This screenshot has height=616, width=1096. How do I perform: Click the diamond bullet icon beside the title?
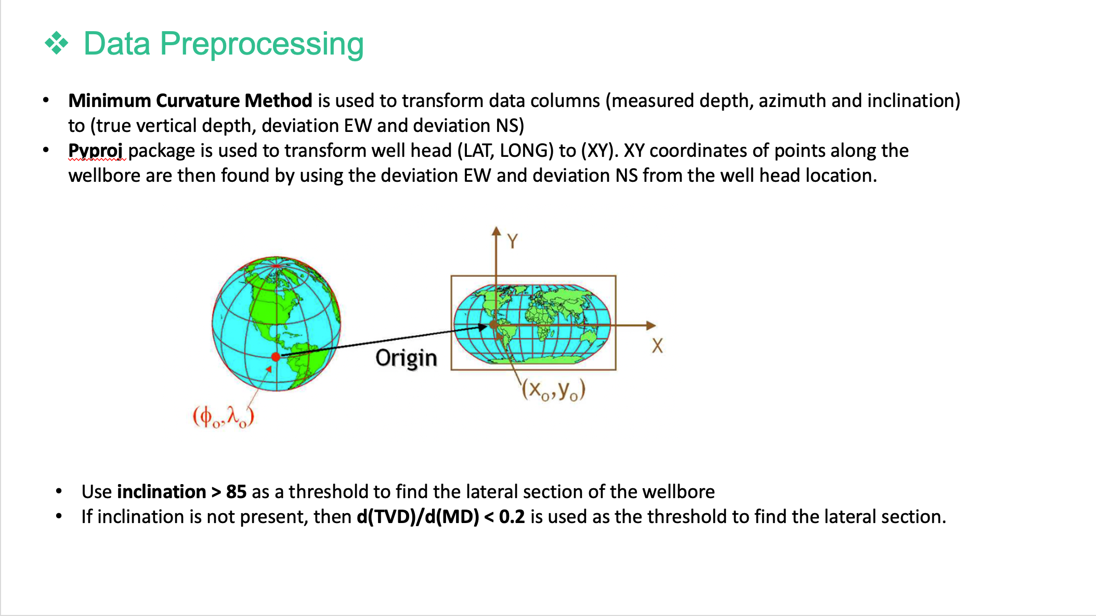click(57, 43)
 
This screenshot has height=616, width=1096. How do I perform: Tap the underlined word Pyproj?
click(96, 151)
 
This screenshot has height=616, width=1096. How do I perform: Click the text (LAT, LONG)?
click(505, 151)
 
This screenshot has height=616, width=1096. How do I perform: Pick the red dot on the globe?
click(276, 357)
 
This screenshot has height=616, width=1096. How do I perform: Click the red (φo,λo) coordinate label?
click(224, 417)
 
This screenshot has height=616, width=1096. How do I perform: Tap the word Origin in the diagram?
click(406, 358)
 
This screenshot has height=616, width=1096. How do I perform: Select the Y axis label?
click(513, 241)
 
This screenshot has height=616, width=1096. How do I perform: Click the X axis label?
click(657, 346)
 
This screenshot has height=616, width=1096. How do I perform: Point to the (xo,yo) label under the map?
click(554, 390)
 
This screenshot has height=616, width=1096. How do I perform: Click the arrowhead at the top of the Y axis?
click(497, 231)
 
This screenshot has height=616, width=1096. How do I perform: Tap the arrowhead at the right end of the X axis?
click(651, 326)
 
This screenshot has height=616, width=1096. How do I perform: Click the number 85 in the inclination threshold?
click(236, 492)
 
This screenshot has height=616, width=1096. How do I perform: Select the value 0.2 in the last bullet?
click(512, 517)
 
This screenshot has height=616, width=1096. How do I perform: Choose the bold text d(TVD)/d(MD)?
click(418, 517)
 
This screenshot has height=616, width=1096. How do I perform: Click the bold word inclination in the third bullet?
click(162, 492)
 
